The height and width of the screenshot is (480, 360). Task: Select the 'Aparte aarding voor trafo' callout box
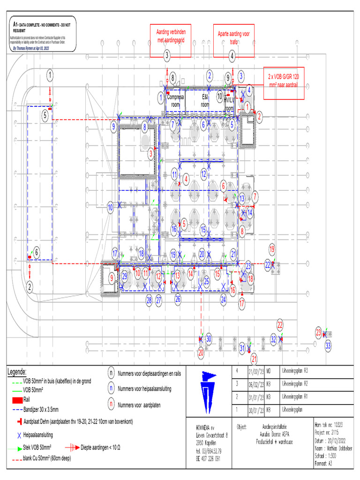pyautogui.click(x=234, y=37)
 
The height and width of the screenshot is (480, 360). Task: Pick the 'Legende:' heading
pyautogui.click(x=17, y=372)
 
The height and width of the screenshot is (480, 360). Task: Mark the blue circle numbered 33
pyautogui.click(x=328, y=345)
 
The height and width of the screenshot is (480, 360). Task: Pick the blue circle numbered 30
pyautogui.click(x=209, y=339)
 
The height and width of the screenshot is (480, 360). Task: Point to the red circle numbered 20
pyautogui.click(x=201, y=352)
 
